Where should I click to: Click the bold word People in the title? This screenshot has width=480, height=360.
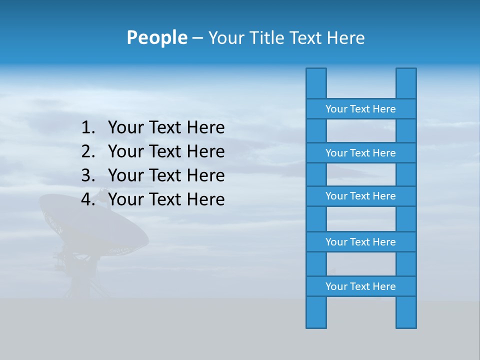click(x=156, y=38)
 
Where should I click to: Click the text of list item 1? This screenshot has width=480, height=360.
click(x=166, y=128)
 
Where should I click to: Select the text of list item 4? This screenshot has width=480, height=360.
click(x=166, y=199)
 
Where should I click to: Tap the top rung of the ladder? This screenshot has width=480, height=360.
click(x=361, y=109)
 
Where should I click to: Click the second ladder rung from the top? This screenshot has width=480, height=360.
click(x=361, y=153)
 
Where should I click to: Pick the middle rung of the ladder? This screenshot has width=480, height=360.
click(x=361, y=196)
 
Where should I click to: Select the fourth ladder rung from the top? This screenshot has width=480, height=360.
click(x=361, y=242)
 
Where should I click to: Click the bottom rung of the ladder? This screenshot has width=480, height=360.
click(x=361, y=286)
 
